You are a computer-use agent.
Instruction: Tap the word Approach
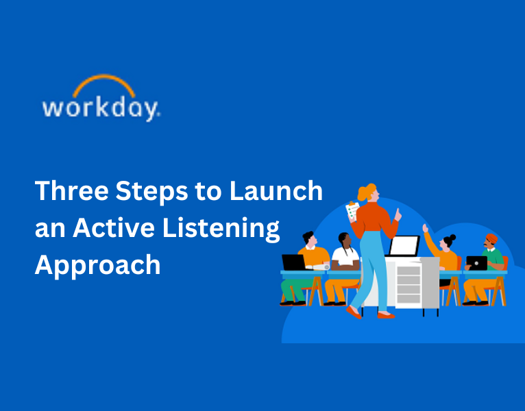tap(97, 264)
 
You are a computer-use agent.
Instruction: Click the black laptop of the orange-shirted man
tap(293, 262)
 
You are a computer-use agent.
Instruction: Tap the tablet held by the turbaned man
tap(476, 263)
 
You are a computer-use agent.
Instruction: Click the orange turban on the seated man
tap(491, 238)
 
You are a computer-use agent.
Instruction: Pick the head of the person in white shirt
tap(344, 240)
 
